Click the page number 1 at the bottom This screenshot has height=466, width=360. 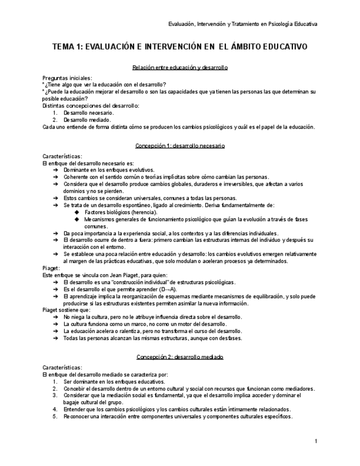(315, 441)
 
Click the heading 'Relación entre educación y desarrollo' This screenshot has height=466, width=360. (180, 67)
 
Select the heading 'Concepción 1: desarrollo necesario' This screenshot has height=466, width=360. (180, 146)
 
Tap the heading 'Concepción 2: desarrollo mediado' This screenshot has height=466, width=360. (180, 357)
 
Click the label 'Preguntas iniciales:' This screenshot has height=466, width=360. (67, 78)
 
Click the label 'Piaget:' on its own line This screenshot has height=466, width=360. (51, 268)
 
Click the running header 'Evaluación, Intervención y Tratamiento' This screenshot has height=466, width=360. (217, 24)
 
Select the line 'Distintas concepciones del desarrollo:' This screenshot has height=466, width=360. (91, 105)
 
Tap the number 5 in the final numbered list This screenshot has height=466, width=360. (55, 417)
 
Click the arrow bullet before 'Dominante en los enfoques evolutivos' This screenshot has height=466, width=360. (56, 170)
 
